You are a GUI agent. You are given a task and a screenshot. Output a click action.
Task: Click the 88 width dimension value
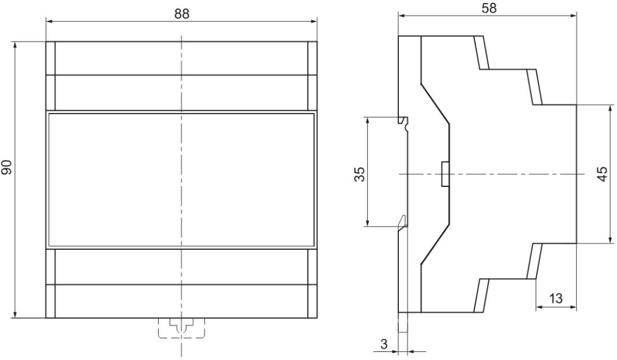pos(182,14)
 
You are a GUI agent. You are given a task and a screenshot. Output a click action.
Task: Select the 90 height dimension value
pos(7,168)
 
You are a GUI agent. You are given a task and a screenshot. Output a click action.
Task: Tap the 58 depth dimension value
pos(489,8)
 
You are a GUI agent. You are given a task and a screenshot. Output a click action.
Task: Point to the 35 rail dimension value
pos(359,174)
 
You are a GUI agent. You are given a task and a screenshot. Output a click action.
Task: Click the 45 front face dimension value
pos(603,174)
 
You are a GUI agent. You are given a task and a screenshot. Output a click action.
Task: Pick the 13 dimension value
pos(556,298)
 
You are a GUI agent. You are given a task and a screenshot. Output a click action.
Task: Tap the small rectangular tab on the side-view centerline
pos(445,174)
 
